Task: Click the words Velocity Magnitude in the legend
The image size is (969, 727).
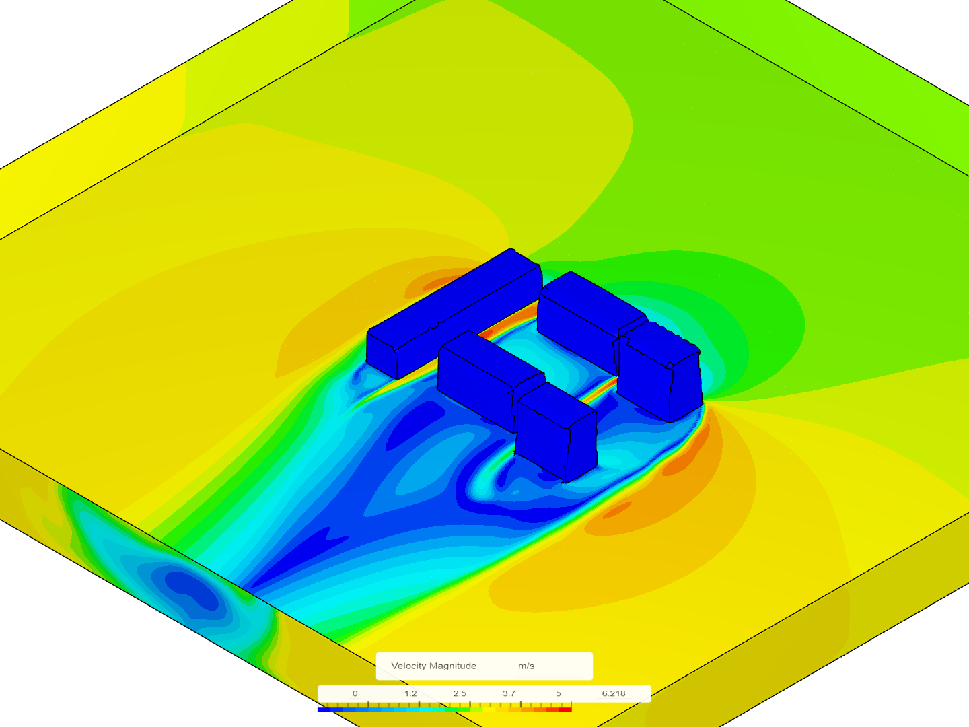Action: tap(433, 666)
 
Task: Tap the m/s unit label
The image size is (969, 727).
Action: tap(526, 666)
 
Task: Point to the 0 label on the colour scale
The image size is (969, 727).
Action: tap(355, 693)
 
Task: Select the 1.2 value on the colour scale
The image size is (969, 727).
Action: tap(410, 693)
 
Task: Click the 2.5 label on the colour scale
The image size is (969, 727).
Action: tap(460, 693)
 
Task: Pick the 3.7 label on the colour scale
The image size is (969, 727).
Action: tap(509, 693)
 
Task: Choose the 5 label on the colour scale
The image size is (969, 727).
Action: tap(559, 693)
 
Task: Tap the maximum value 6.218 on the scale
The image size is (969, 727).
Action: tap(614, 693)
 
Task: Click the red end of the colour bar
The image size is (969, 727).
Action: tap(565, 709)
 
